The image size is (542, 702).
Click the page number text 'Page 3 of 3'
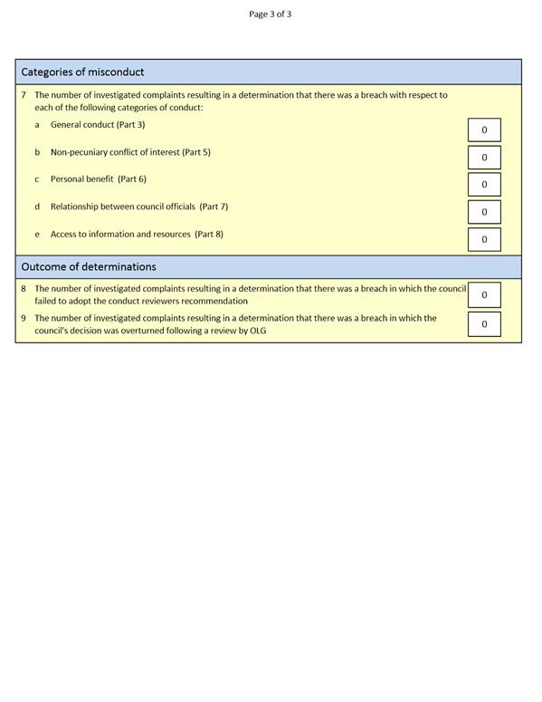(270, 14)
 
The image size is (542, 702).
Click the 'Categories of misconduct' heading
(82, 72)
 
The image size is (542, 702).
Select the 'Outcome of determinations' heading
(89, 266)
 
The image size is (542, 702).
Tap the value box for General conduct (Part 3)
(484, 130)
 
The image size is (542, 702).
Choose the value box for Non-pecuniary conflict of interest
(484, 157)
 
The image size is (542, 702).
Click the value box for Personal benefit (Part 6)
(484, 184)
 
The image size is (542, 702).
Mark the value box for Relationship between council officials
(484, 211)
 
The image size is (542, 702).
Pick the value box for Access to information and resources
(484, 239)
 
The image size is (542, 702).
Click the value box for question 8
(484, 294)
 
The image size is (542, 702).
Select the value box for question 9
(484, 323)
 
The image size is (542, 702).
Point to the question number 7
(24, 94)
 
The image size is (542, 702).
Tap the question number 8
(24, 289)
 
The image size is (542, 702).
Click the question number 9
(24, 318)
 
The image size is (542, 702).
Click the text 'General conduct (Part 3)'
(98, 124)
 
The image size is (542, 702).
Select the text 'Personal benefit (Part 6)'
(98, 178)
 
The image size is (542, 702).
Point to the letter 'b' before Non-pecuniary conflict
(37, 152)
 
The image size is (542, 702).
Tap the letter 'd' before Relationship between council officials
(37, 207)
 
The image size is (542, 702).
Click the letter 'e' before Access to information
(37, 234)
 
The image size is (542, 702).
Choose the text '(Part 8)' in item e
(209, 234)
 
